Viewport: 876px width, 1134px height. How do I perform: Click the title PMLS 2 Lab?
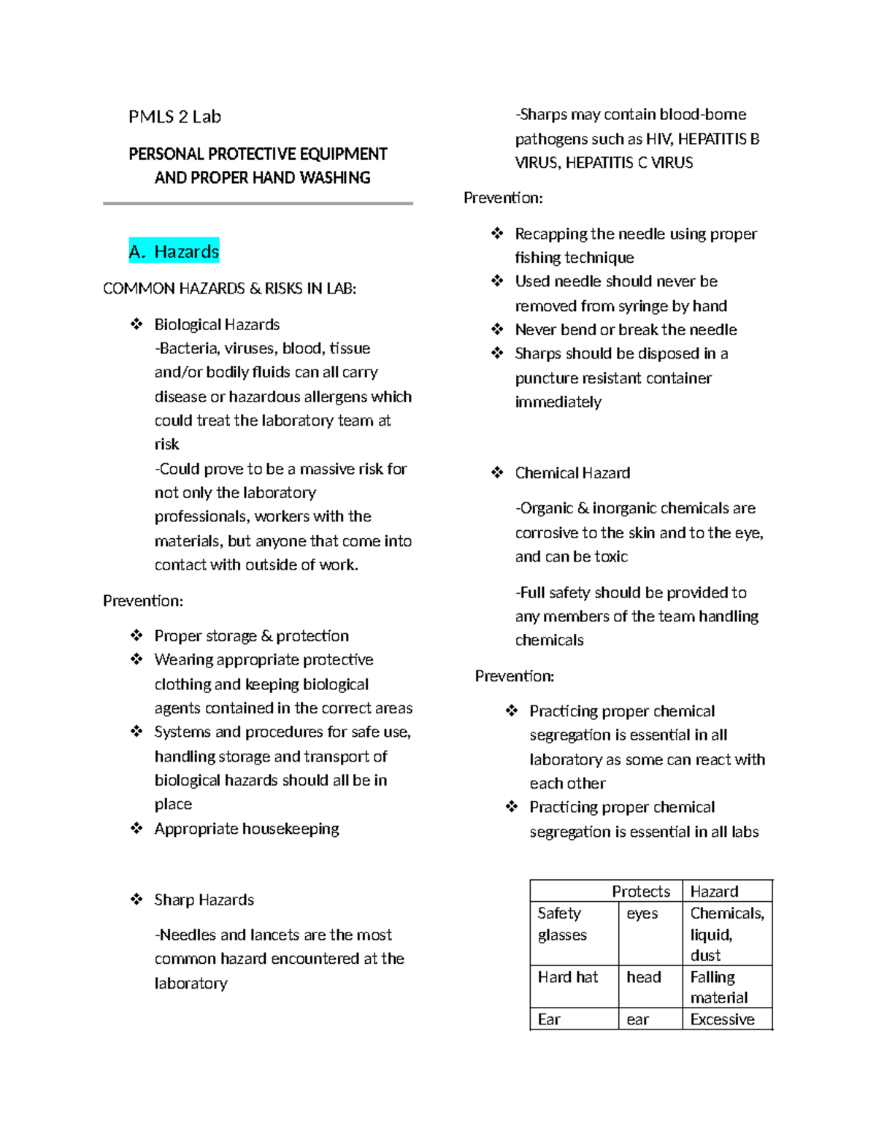[x=174, y=117]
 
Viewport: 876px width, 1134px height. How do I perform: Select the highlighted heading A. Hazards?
[x=174, y=252]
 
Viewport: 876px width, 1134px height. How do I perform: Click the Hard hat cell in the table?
[x=567, y=977]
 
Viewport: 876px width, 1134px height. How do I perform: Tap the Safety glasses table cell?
[x=562, y=924]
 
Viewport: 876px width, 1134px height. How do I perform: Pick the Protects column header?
[x=640, y=892]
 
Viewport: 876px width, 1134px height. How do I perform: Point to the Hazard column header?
[x=714, y=892]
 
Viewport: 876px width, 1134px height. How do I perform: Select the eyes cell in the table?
[x=642, y=913]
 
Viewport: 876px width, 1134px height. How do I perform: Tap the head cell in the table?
[x=643, y=977]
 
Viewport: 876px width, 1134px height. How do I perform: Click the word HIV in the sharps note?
[x=659, y=139]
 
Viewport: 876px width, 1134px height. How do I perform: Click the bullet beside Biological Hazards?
[x=137, y=324]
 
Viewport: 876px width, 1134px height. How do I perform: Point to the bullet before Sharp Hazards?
[x=137, y=900]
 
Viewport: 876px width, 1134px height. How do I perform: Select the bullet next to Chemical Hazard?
[x=497, y=473]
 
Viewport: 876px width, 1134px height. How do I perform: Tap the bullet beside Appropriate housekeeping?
[x=137, y=829]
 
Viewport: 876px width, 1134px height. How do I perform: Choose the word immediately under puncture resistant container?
[x=558, y=402]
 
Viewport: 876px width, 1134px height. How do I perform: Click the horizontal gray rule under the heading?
[x=258, y=204]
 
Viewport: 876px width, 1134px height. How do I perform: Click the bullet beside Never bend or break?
[x=497, y=330]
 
